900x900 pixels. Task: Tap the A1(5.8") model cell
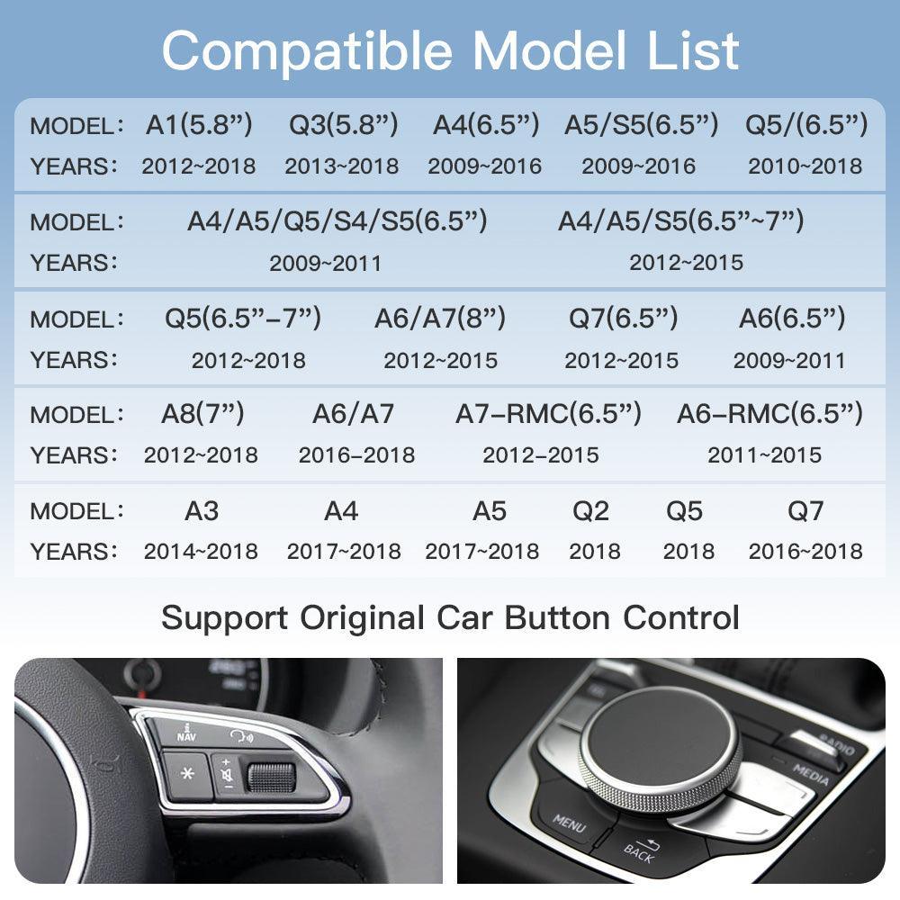click(199, 125)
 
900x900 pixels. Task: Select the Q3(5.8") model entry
click(343, 125)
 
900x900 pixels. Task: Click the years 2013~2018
click(342, 166)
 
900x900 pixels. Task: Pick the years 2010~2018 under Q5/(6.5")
click(805, 166)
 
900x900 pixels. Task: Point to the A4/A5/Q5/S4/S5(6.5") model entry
click(337, 221)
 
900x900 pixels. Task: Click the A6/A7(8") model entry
click(440, 318)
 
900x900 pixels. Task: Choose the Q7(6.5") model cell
click(623, 318)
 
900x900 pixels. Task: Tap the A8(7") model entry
click(202, 414)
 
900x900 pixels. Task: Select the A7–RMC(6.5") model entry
click(548, 414)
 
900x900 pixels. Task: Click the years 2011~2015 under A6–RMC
click(764, 455)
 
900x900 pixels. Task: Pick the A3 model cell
click(202, 511)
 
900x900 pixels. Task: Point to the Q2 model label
click(591, 511)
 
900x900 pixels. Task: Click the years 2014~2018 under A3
click(201, 552)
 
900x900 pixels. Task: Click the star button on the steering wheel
click(187, 774)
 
